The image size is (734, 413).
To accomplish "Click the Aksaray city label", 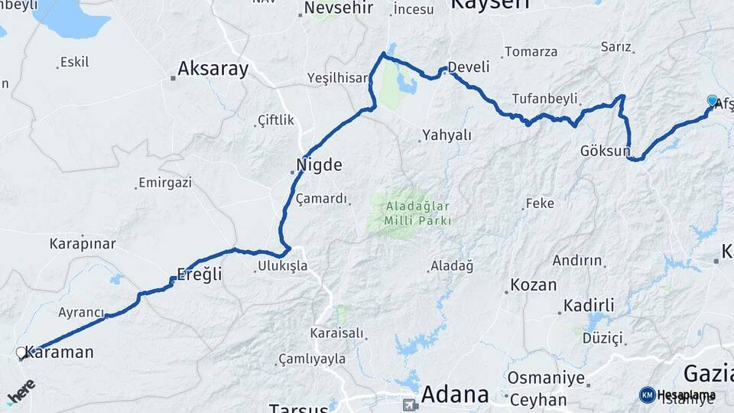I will [213, 70].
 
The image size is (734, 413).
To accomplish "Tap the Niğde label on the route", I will [319, 164].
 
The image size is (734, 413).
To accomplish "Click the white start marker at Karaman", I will [21, 353].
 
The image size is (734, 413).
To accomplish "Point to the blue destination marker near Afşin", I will [713, 101].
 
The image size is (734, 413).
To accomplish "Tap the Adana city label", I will [454, 395].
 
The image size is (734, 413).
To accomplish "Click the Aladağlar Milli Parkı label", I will [408, 213].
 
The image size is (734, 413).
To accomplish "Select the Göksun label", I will [605, 151].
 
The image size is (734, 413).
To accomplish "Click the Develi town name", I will [468, 67].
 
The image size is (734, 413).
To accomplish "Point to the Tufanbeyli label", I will [545, 99].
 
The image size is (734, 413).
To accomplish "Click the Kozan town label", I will [533, 285].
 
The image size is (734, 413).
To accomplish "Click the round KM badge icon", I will [648, 395].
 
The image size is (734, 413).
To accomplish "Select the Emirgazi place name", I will [164, 184].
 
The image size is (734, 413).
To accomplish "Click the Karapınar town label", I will [83, 244].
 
